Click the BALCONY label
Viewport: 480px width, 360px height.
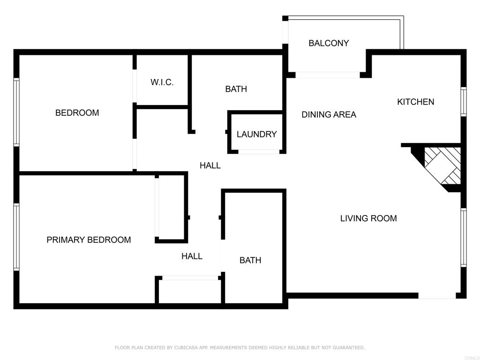pyautogui.click(x=329, y=43)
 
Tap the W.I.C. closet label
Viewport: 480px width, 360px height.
pyautogui.click(x=162, y=82)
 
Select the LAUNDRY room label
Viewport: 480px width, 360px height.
pyautogui.click(x=256, y=134)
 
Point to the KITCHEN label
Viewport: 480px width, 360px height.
pyautogui.click(x=415, y=102)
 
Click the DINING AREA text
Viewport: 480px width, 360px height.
pyautogui.click(x=329, y=114)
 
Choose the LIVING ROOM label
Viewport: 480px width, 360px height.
pyautogui.click(x=368, y=218)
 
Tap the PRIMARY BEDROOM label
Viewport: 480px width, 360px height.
pyautogui.click(x=89, y=240)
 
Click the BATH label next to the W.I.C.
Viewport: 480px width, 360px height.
pyautogui.click(x=236, y=89)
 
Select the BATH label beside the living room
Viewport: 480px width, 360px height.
pyautogui.click(x=250, y=260)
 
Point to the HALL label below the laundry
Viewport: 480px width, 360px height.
pyautogui.click(x=210, y=165)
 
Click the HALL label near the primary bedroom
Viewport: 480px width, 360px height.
pyautogui.click(x=192, y=256)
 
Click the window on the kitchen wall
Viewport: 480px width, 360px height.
pyautogui.click(x=464, y=102)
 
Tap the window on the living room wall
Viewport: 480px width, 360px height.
pyautogui.click(x=464, y=238)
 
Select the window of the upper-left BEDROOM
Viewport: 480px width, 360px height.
pyautogui.click(x=16, y=112)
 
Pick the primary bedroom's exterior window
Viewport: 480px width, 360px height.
pyautogui.click(x=16, y=237)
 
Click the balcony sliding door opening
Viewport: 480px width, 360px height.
pyautogui.click(x=328, y=75)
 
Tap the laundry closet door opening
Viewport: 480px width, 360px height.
pyautogui.click(x=259, y=152)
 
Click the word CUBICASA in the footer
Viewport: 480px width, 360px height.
pyautogui.click(x=186, y=347)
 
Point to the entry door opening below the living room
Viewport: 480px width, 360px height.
pyautogui.click(x=437, y=296)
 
